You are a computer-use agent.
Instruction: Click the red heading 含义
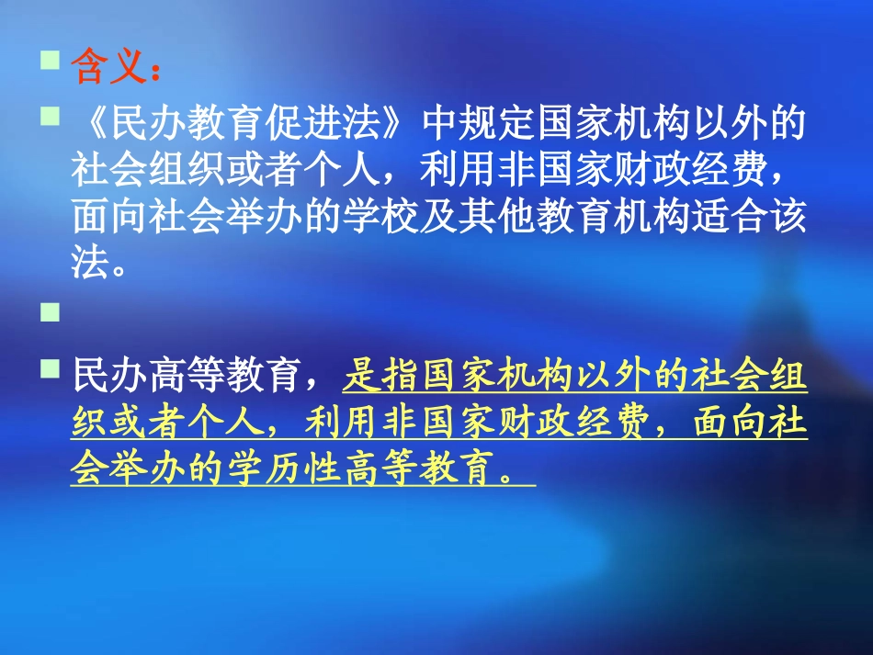[107, 67]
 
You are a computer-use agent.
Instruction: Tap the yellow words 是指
[378, 376]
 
